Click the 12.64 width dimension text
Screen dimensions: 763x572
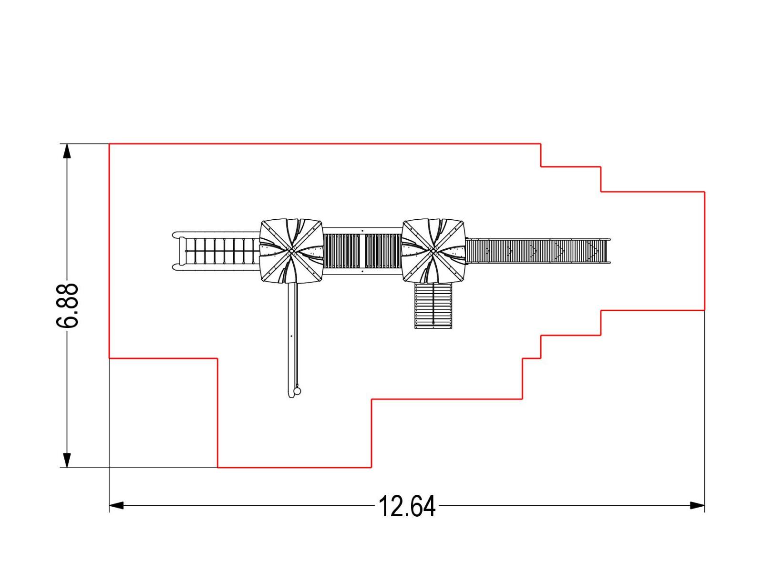coord(406,506)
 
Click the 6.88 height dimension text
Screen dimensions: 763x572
coord(67,305)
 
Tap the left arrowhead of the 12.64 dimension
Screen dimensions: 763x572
coord(116,505)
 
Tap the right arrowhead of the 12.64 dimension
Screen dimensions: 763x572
coord(697,505)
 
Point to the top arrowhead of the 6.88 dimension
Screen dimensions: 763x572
coord(67,151)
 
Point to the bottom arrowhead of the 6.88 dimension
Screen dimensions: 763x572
coord(67,460)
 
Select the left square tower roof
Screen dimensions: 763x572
coord(291,251)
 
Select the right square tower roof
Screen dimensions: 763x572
coord(433,251)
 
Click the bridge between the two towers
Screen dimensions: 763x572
coord(362,251)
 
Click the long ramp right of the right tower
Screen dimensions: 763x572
coord(538,251)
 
